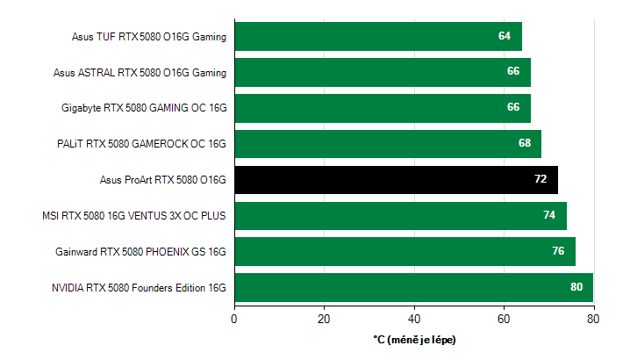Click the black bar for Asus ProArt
click(395, 180)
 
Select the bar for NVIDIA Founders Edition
click(412, 287)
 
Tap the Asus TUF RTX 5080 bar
click(377, 36)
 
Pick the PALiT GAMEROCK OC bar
click(386, 144)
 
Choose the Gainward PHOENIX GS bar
click(404, 251)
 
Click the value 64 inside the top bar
click(504, 36)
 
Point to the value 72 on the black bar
click(540, 180)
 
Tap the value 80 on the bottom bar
click(576, 287)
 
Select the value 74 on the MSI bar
click(549, 216)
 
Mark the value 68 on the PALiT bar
click(525, 144)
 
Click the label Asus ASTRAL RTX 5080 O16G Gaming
click(140, 72)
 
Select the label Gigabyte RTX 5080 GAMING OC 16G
click(144, 108)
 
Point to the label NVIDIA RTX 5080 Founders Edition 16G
click(139, 287)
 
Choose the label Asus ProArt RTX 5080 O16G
click(163, 180)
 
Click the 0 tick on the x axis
click(234, 318)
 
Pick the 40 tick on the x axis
click(414, 318)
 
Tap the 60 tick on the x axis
click(504, 318)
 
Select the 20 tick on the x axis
click(324, 318)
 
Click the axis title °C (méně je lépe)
click(414, 339)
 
